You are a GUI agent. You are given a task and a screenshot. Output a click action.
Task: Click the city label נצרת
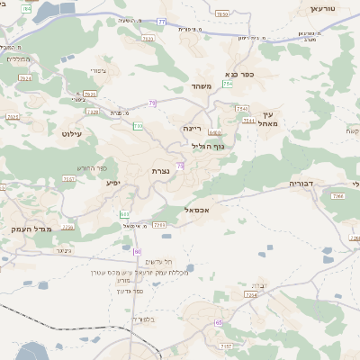click(x=161, y=170)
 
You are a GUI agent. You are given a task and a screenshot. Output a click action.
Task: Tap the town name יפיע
click(x=112, y=183)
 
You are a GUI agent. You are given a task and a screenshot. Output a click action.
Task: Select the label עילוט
click(x=71, y=133)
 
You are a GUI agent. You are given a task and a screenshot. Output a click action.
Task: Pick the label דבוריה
click(x=300, y=183)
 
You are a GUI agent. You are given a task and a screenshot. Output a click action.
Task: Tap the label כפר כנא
click(x=240, y=75)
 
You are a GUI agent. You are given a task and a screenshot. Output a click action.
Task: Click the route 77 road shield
click(x=161, y=21)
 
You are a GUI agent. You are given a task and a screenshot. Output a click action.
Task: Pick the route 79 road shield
click(x=153, y=104)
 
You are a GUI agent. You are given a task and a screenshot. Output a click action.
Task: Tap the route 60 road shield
click(x=138, y=252)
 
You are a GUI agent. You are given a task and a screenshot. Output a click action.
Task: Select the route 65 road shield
click(x=218, y=321)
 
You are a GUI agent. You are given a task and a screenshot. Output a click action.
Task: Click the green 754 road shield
click(x=229, y=84)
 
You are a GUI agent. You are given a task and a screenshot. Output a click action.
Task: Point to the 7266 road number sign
click(x=338, y=195)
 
